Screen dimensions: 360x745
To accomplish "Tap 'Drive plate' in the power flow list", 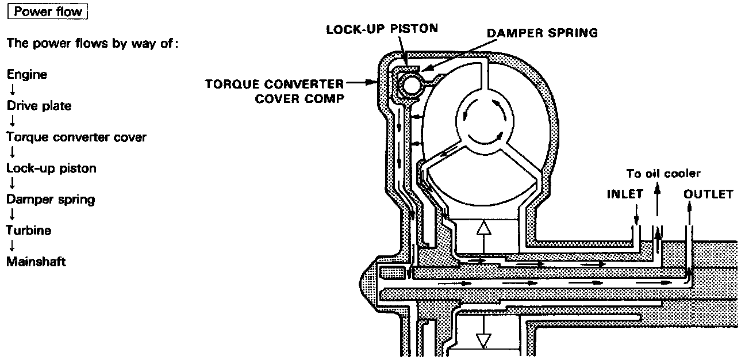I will [x=39, y=106].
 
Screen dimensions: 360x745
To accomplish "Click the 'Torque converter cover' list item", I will [x=76, y=137].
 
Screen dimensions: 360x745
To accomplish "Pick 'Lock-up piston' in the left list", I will [x=51, y=168].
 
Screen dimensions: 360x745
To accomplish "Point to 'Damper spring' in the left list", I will [x=51, y=200].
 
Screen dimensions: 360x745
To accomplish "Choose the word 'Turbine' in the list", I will [x=29, y=231].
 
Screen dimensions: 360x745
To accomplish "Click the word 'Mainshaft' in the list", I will [x=36, y=262].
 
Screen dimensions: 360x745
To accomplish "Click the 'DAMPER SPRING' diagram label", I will [x=542, y=33].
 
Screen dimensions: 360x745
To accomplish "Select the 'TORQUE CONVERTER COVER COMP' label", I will [x=275, y=90].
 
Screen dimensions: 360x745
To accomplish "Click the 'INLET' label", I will [x=625, y=194].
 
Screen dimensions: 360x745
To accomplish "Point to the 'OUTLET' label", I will [x=708, y=194].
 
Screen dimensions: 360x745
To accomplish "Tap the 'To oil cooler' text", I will [x=664, y=174].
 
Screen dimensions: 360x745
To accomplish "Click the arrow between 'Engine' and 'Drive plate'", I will [x=11, y=90].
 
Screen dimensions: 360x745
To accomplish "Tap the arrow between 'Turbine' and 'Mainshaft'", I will [x=11, y=246].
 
